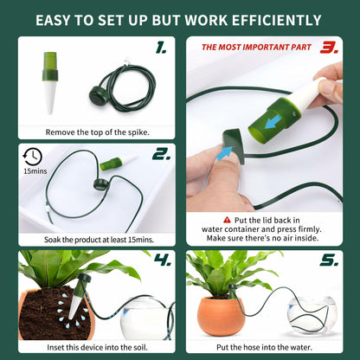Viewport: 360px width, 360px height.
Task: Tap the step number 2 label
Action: coord(160,155)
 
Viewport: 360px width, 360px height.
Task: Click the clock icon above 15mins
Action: coord(33,157)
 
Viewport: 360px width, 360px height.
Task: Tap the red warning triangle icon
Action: coord(227,220)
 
